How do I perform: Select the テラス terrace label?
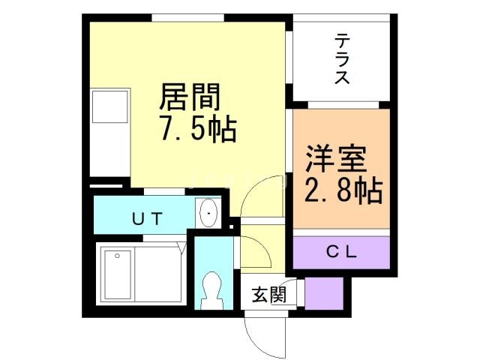tap(342, 58)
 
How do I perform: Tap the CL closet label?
tap(341, 252)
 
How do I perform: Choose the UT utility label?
tap(147, 218)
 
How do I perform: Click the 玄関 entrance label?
tap(268, 295)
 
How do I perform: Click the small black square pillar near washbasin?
tap(231, 222)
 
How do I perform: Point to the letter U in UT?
tap(138, 218)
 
